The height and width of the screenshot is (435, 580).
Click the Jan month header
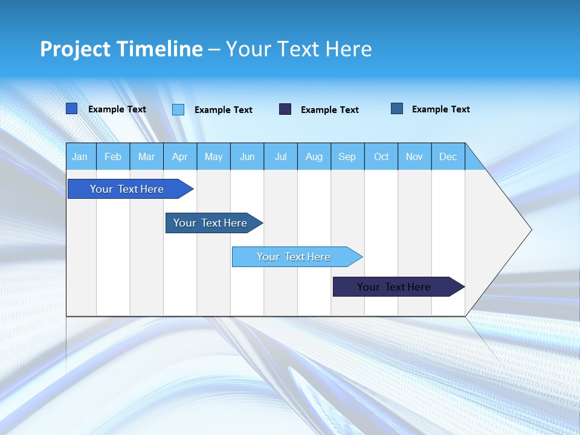click(x=80, y=157)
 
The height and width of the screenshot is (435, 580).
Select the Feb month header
click(x=113, y=157)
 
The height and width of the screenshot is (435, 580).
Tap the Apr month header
click(x=179, y=157)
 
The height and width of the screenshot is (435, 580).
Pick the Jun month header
click(x=247, y=157)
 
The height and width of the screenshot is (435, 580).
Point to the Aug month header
click(x=314, y=157)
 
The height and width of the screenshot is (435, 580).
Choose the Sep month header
click(x=347, y=157)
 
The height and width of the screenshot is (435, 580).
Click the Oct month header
click(x=381, y=157)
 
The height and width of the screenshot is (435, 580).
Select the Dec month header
click(x=448, y=157)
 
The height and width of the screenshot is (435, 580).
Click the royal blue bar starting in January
click(x=127, y=189)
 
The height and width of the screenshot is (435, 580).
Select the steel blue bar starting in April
click(x=210, y=223)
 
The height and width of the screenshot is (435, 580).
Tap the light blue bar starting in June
click(x=294, y=257)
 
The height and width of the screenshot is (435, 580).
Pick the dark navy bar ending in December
click(x=394, y=287)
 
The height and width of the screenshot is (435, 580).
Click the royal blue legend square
click(x=72, y=109)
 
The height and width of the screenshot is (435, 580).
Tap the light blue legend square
click(x=178, y=109)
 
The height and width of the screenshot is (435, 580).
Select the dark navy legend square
click(x=285, y=109)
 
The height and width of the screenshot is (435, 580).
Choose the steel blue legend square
click(x=397, y=109)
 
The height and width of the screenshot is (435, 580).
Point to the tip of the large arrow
click(x=530, y=230)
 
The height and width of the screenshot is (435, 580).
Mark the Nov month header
click(x=414, y=157)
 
